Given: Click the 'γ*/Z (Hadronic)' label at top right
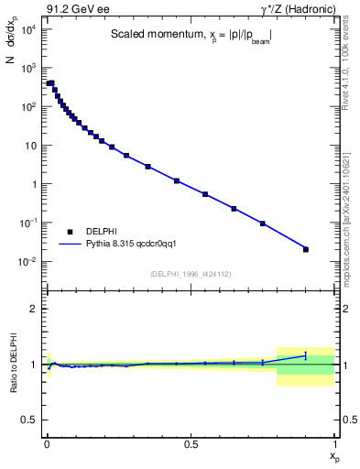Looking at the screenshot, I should pos(296,10).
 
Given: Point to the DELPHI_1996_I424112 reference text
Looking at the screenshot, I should pos(190,274).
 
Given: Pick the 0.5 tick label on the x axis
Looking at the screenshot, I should pos(191,444).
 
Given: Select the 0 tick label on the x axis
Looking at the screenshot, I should pos(47,444).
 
